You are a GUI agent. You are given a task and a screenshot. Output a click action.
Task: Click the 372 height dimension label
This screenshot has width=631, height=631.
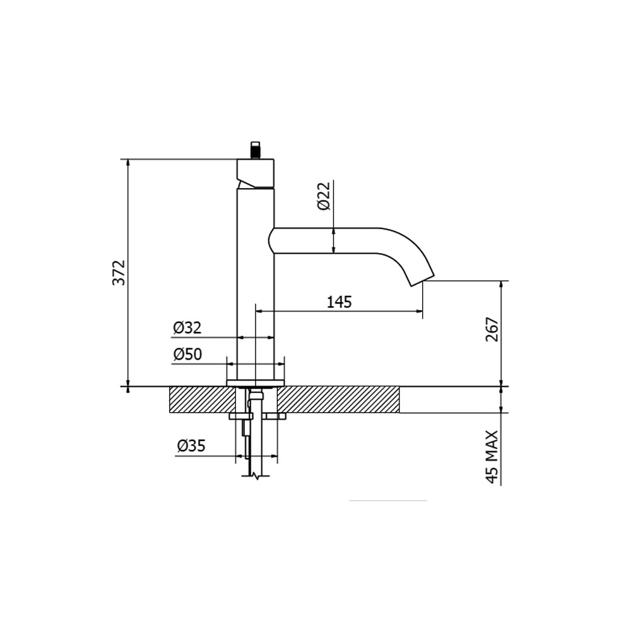[119, 272]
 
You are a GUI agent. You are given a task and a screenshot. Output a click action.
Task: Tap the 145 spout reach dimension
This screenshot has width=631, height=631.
[339, 302]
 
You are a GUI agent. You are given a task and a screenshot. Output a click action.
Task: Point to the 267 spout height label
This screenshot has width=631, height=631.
[492, 330]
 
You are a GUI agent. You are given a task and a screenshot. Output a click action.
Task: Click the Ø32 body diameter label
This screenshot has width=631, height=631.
[187, 328]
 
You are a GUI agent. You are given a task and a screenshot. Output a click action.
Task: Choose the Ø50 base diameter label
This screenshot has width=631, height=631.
[187, 355]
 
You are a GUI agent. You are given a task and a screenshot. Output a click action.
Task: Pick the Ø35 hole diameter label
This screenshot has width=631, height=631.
[191, 446]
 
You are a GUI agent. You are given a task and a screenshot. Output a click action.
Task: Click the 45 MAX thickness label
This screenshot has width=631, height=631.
[492, 457]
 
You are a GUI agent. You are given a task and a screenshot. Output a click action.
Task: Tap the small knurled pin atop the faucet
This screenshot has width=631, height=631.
[256, 150]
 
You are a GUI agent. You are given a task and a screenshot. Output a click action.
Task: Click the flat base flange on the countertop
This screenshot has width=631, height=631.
[256, 382]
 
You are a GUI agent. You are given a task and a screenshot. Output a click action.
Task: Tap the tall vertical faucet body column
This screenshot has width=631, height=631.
[256, 284]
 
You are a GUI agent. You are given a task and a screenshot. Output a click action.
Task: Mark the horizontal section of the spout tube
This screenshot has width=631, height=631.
[328, 240]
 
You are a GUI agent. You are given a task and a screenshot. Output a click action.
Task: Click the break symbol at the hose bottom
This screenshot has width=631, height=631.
[256, 476]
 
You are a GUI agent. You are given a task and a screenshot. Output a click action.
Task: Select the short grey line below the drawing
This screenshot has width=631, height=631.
[388, 500]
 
